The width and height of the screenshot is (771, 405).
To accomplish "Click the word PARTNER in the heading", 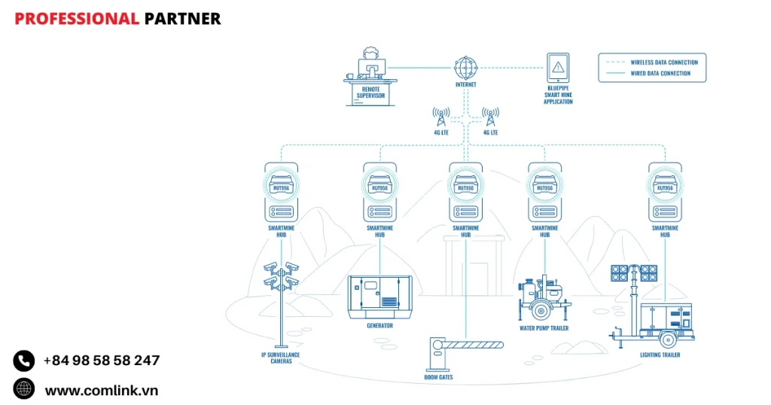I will coord(182,19).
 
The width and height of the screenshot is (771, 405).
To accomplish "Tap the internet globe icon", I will coord(466,68).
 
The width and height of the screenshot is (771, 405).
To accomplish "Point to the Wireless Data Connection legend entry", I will coord(663,62).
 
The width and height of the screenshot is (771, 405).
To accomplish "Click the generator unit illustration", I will coord(379,296).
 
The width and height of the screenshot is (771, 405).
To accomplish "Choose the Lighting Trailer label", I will coord(660,355).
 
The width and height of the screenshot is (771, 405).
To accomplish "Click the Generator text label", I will coord(379,326).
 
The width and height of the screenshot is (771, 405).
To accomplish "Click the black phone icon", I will coord(24,361).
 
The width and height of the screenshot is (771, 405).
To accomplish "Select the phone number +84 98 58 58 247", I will coord(102,361).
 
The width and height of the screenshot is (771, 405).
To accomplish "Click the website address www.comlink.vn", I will coord(102,390).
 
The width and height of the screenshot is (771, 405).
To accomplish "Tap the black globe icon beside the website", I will coord(24,389).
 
